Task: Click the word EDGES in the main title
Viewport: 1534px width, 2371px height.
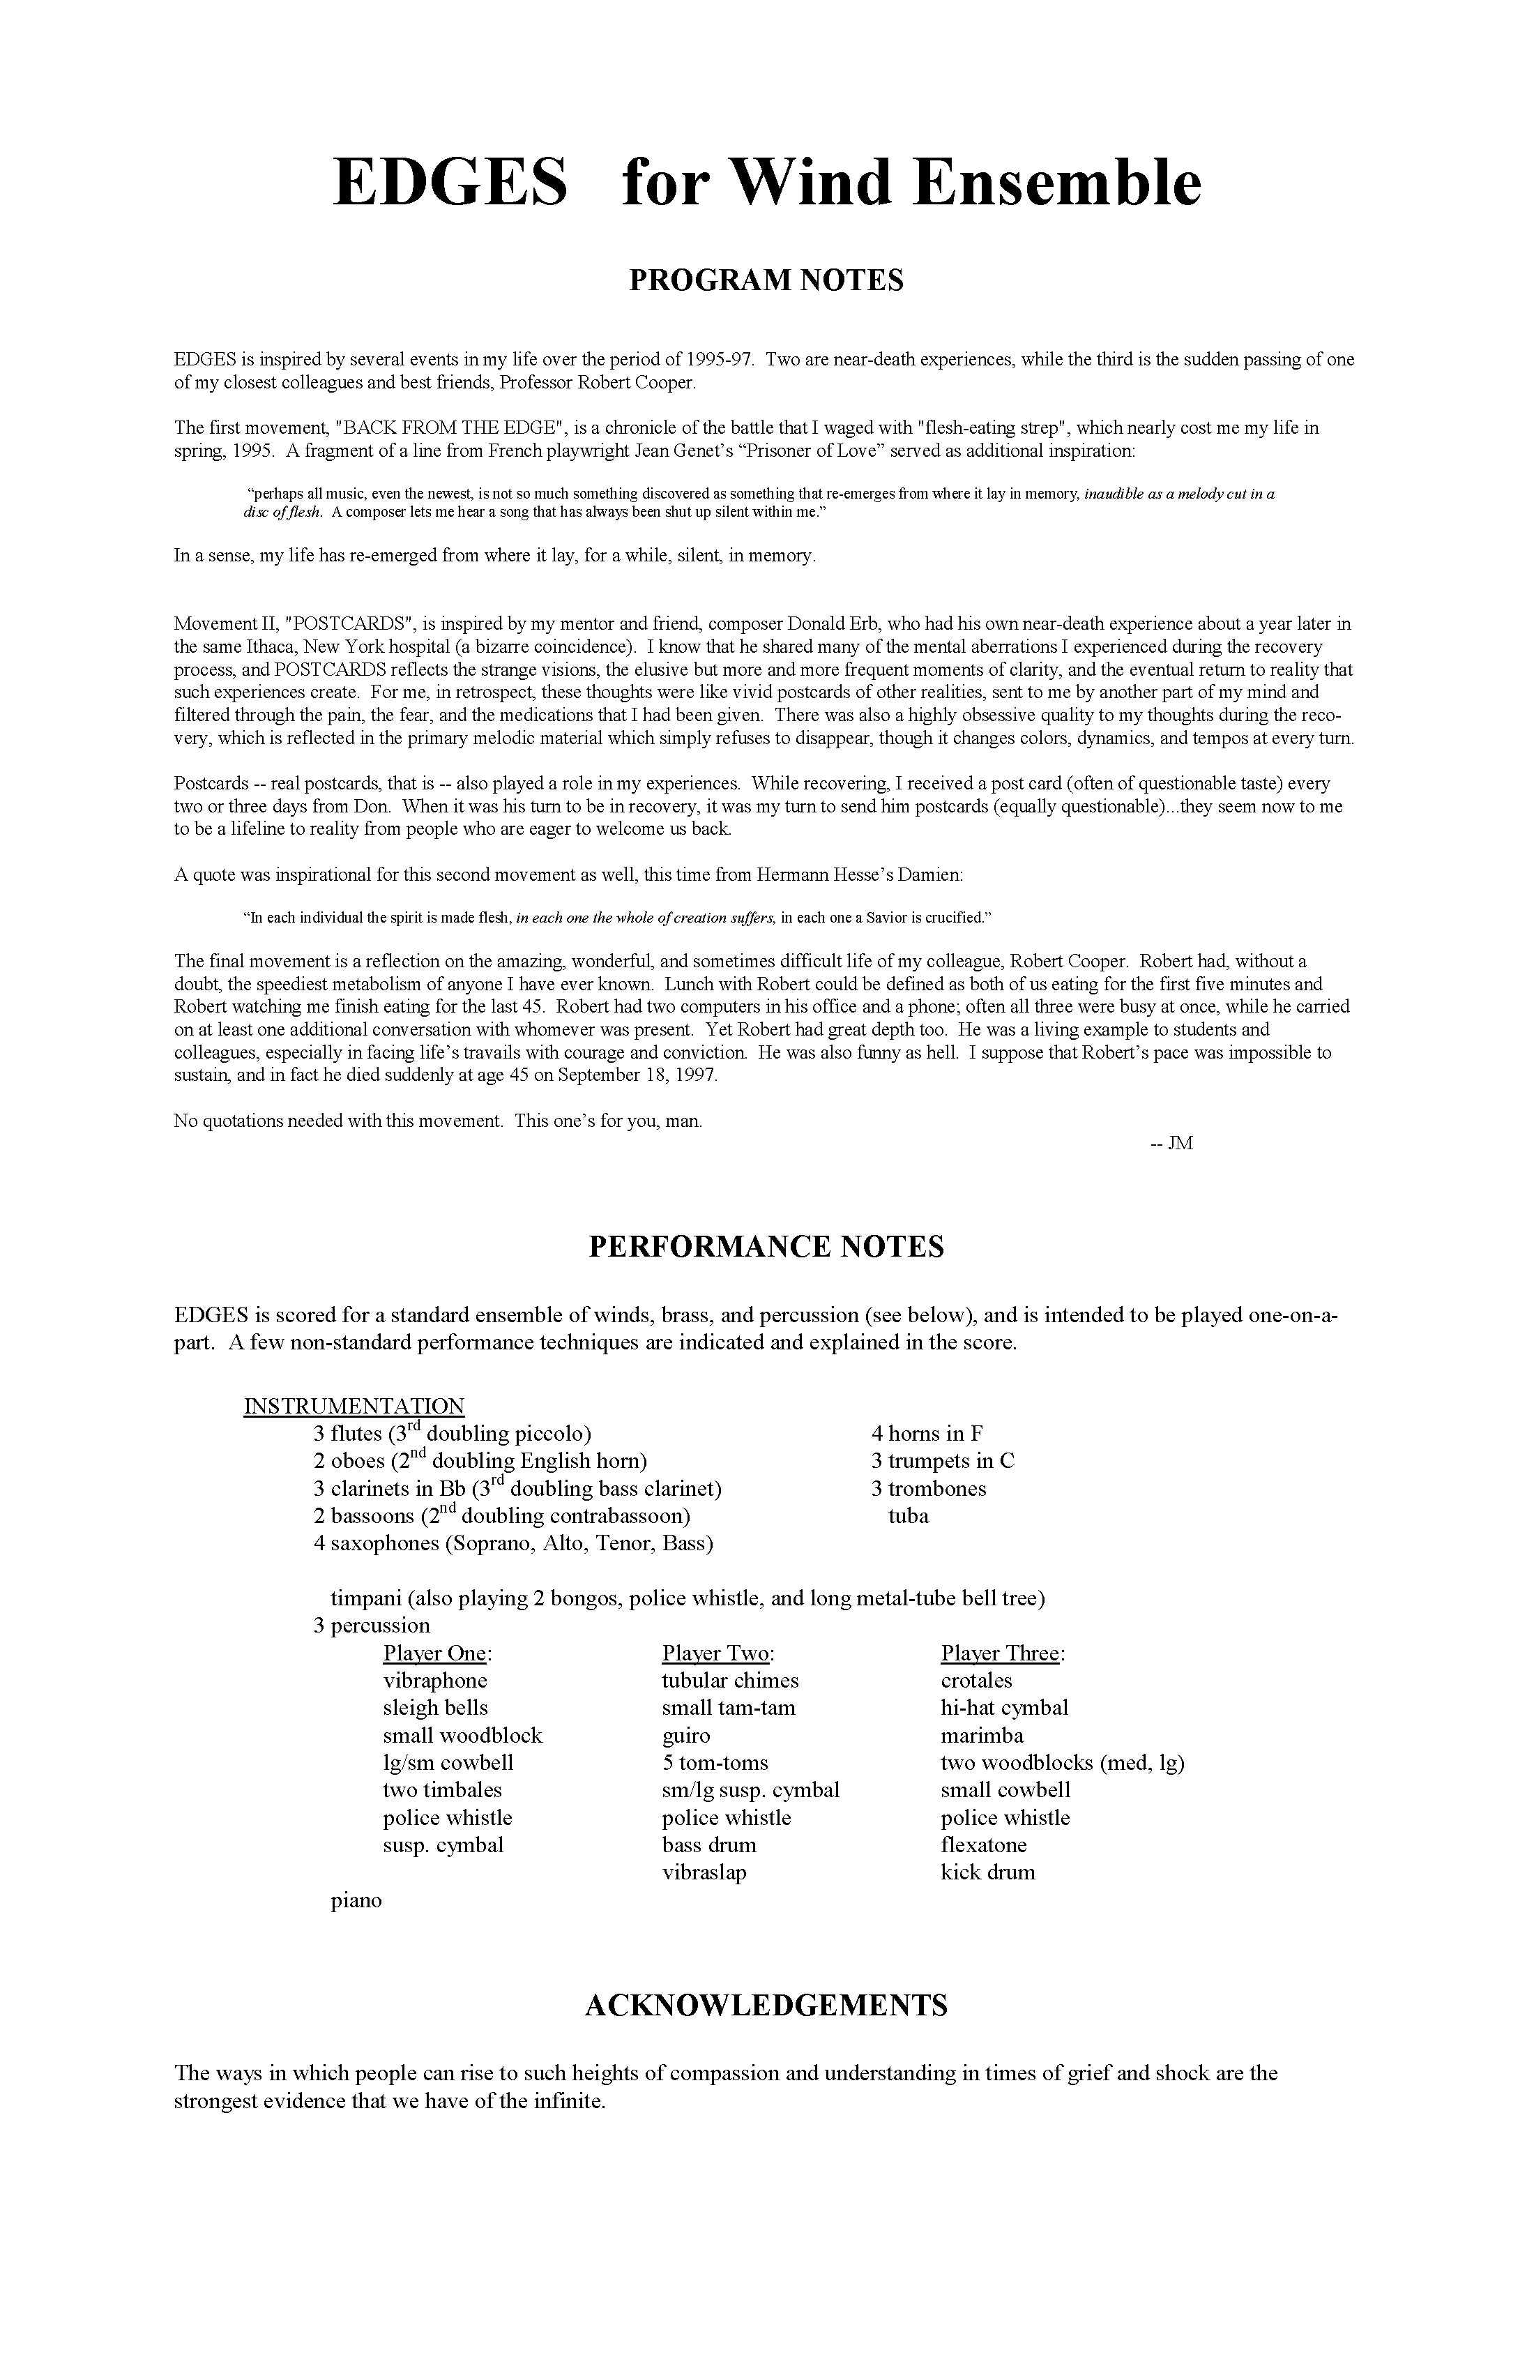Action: [x=450, y=183]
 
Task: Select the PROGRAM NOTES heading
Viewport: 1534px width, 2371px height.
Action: [x=766, y=281]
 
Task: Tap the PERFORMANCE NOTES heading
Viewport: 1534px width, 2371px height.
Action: [x=766, y=1246]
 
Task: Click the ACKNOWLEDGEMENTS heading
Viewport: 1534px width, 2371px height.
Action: [x=766, y=2006]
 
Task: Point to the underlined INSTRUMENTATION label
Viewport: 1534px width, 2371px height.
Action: [x=354, y=1406]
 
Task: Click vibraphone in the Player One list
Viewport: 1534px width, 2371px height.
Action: [x=435, y=1681]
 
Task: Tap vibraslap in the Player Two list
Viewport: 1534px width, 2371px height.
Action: [x=704, y=1872]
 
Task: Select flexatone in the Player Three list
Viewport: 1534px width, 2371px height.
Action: [x=983, y=1845]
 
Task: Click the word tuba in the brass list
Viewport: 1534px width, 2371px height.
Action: [x=909, y=1516]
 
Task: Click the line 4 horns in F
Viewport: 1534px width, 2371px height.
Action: [x=927, y=1434]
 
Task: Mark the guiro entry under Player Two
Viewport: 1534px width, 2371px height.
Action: [x=686, y=1736]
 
